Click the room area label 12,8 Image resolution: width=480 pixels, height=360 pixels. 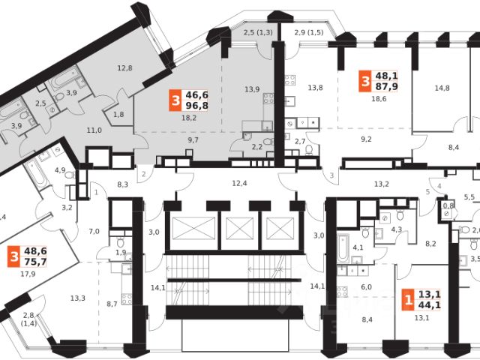pos(124,69)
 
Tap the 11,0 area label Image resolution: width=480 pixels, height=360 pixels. pos(94,130)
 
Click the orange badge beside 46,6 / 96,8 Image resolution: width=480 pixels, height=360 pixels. pos(175,100)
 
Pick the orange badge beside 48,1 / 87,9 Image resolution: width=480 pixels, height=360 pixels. pos(364,79)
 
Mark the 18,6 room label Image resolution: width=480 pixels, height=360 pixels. pos(379,99)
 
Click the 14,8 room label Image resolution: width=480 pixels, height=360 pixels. pos(442,88)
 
